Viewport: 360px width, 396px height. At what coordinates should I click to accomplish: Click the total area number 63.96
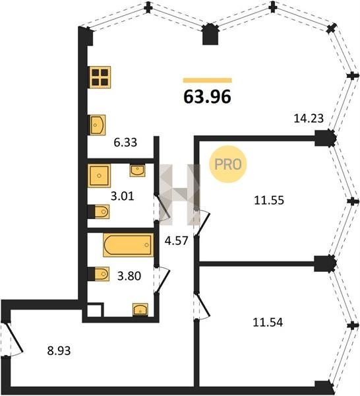[x=207, y=97]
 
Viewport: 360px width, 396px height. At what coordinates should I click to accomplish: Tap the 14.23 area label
[x=309, y=118]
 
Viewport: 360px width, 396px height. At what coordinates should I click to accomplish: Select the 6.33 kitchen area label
[x=125, y=143]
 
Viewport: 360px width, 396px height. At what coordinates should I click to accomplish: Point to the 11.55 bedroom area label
[x=269, y=200]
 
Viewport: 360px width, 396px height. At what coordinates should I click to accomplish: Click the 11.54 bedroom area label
[x=268, y=323]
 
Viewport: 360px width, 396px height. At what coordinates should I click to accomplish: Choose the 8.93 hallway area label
[x=59, y=350]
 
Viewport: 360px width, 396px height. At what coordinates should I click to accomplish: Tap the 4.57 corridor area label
[x=176, y=241]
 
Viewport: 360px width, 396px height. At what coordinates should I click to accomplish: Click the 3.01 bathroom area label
[x=123, y=196]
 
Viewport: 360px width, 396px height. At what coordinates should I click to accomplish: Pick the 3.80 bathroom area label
[x=129, y=276]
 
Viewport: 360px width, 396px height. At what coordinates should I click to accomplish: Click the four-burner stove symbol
[x=100, y=77]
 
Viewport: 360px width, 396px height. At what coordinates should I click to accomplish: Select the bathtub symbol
[x=128, y=245]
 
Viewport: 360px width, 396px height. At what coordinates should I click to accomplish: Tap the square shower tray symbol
[x=99, y=176]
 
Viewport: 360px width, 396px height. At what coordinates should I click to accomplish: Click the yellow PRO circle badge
[x=228, y=164]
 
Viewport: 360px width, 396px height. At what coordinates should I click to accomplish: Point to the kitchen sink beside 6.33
[x=98, y=125]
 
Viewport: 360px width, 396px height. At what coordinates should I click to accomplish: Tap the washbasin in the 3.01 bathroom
[x=138, y=170]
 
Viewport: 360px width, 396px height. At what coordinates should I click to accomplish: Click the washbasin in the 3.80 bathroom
[x=140, y=310]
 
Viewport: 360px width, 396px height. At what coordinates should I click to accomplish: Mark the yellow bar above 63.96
[x=208, y=81]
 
